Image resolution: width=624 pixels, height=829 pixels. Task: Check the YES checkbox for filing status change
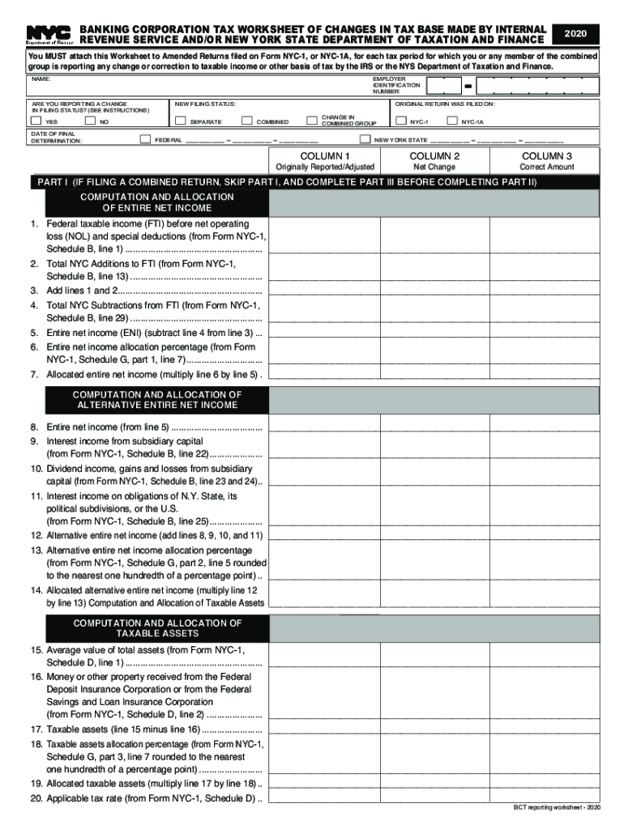pyautogui.click(x=36, y=121)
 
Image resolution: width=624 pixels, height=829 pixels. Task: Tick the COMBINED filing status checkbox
pyautogui.click(x=247, y=121)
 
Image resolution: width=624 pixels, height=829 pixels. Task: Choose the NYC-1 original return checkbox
pyautogui.click(x=401, y=121)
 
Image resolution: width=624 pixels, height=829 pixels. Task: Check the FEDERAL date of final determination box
pyautogui.click(x=146, y=139)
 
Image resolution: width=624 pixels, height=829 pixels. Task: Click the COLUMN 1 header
pyautogui.click(x=325, y=155)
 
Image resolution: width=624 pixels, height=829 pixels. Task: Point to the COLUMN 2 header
pyautogui.click(x=434, y=155)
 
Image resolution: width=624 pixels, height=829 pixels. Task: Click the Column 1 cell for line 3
pyautogui.click(x=324, y=289)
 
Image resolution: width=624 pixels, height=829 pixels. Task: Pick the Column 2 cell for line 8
pyautogui.click(x=434, y=426)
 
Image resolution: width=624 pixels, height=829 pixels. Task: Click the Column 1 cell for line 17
pyautogui.click(x=324, y=728)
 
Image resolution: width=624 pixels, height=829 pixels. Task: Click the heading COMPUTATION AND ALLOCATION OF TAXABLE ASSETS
pyautogui.click(x=157, y=628)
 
